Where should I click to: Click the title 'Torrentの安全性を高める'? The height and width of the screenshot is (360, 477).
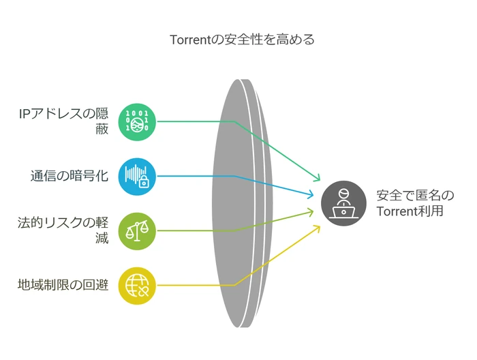pos(242,40)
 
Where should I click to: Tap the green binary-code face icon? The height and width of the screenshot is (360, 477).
pos(137,122)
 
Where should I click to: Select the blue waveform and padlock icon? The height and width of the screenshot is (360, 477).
pos(137,177)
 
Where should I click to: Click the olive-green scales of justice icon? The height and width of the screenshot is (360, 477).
pos(137,231)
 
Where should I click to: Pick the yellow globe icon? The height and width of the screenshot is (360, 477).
pos(137,286)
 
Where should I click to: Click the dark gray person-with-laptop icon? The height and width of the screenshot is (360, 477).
pos(343,203)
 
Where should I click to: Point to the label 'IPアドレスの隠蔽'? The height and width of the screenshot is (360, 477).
pos(63,121)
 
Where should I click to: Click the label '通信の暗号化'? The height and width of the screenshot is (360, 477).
pos(70,176)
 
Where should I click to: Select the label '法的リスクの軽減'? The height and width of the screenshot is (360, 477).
pos(63,230)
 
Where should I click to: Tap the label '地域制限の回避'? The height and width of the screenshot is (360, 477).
pos(63,285)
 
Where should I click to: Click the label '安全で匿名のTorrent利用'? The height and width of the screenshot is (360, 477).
pos(415,203)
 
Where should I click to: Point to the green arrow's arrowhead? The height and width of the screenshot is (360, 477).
pos(318,177)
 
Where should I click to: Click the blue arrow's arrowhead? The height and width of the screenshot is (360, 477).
pos(310,194)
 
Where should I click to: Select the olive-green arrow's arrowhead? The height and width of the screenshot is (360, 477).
pos(310,212)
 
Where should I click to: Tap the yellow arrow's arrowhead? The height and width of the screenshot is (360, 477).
pos(318,228)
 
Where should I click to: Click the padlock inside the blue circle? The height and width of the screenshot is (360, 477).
pos(144,182)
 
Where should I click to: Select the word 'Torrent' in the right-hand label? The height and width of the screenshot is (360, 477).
pos(397,211)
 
